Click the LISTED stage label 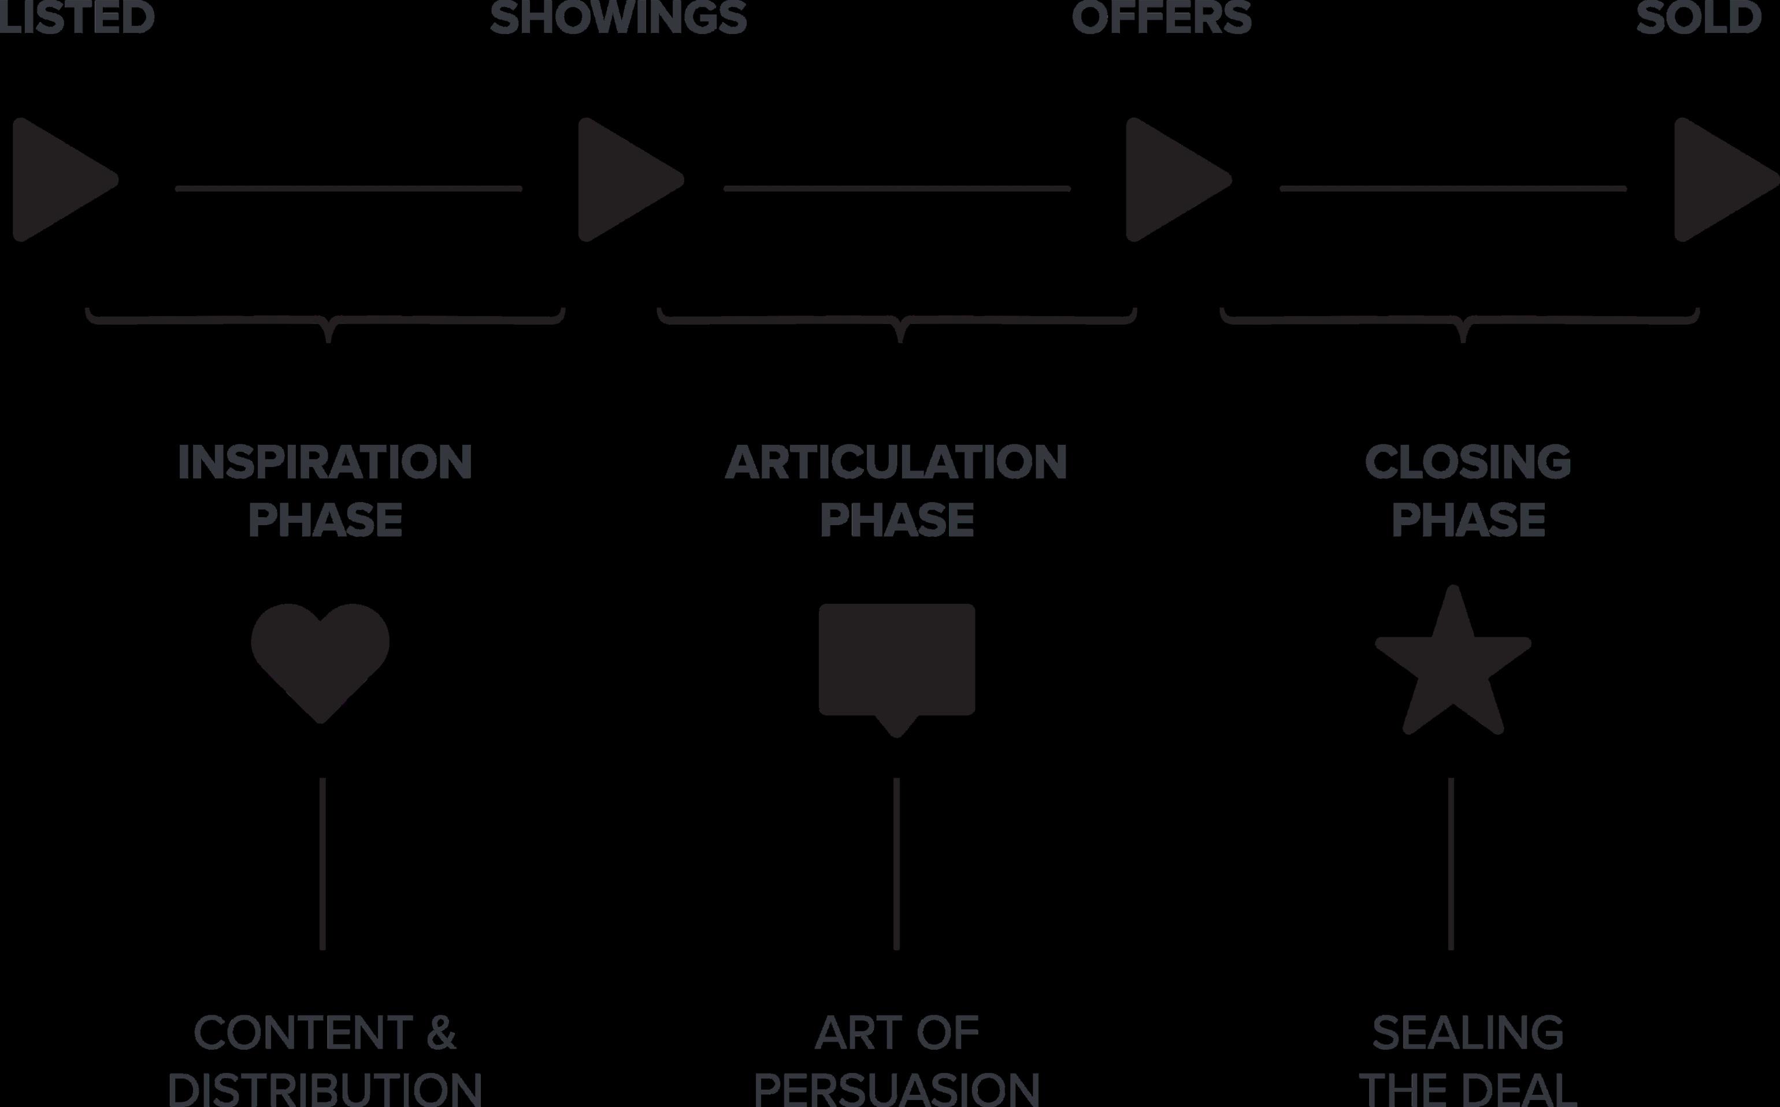tap(76, 17)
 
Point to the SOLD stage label tap(1698, 17)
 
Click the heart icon tap(320, 659)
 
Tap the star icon tap(1453, 666)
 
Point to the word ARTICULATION tap(896, 463)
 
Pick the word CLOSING tap(1467, 463)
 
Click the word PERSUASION tap(896, 1090)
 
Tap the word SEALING tap(1467, 1032)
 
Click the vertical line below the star tap(1451, 864)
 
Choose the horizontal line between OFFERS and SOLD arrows tap(1453, 189)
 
